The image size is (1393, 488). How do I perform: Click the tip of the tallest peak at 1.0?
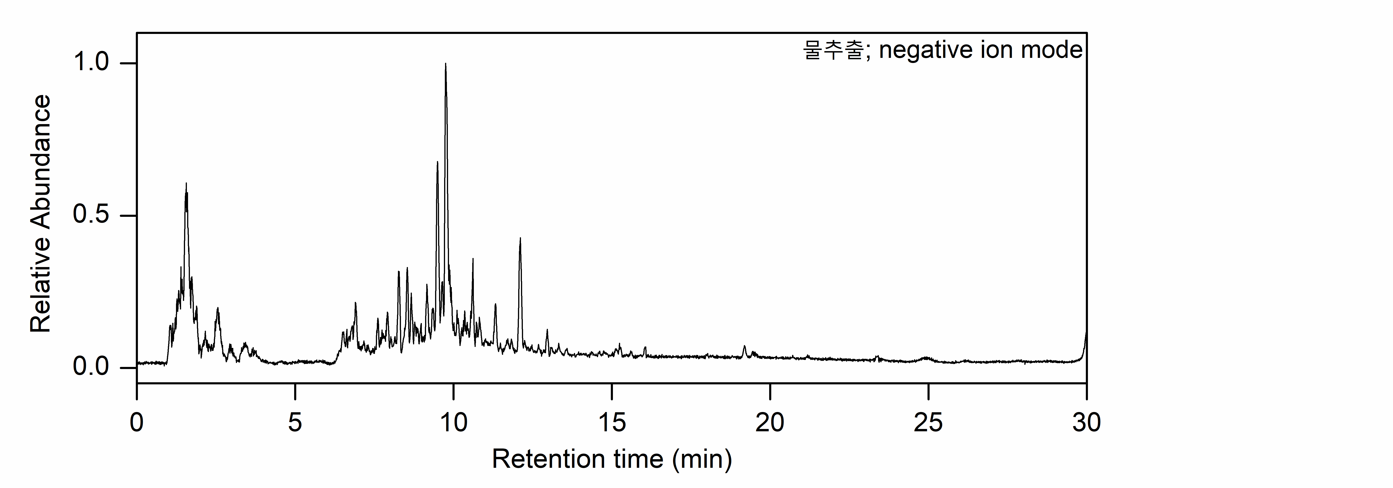coord(446,64)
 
